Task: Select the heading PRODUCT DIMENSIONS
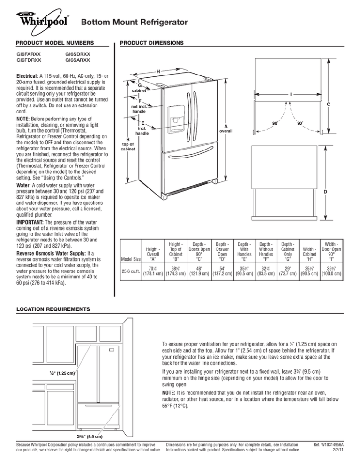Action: point(152,43)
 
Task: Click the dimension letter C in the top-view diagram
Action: point(330,106)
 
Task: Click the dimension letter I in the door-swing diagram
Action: point(292,94)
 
